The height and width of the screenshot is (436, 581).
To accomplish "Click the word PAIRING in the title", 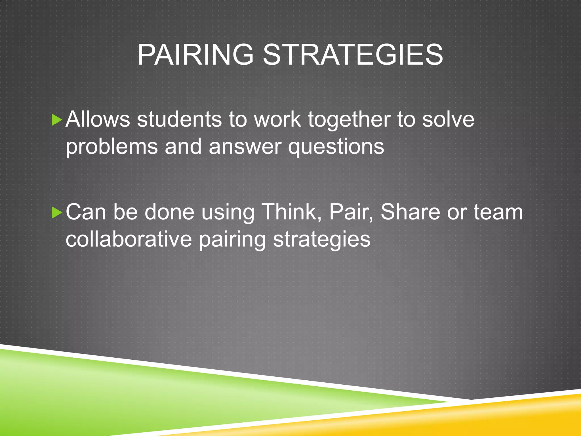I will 195,54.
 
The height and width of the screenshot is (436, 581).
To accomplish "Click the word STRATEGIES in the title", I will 353,54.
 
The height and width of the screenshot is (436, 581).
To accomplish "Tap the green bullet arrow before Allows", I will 57,120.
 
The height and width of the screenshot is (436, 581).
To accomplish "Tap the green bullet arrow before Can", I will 57,213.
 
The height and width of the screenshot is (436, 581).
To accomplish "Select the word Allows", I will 98,119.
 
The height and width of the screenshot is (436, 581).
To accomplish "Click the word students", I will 179,119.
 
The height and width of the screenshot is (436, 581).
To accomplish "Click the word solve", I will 448,119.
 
